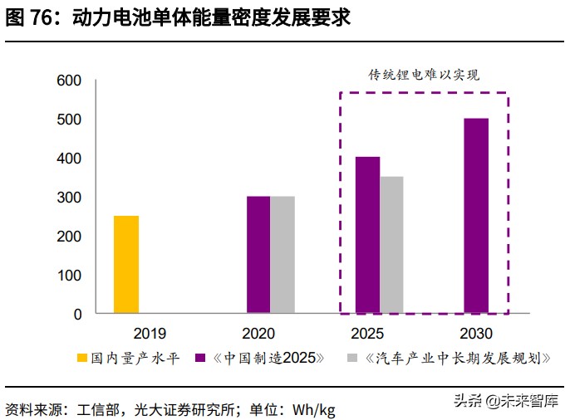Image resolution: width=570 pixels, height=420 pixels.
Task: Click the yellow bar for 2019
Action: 126,265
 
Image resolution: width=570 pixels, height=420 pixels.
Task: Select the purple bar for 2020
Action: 258,255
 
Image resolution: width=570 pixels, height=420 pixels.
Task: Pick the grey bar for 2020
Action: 283,255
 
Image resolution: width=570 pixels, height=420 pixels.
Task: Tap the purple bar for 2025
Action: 368,235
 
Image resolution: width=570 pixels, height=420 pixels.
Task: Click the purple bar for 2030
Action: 476,216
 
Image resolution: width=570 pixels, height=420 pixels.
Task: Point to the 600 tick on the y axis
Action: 69,81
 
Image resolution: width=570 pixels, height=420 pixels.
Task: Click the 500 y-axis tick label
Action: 69,120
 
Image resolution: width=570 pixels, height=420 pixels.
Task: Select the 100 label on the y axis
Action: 69,276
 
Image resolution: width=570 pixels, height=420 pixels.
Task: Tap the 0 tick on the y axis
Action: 77,315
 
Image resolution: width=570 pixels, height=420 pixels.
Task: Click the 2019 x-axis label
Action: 150,334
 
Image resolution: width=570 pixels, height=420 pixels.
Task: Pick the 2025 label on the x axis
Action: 367,334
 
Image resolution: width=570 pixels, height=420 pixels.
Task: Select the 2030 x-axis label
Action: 476,334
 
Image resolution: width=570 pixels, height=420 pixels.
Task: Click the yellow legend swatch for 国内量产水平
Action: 82,359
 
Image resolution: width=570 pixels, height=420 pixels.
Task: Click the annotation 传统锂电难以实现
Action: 425,75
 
